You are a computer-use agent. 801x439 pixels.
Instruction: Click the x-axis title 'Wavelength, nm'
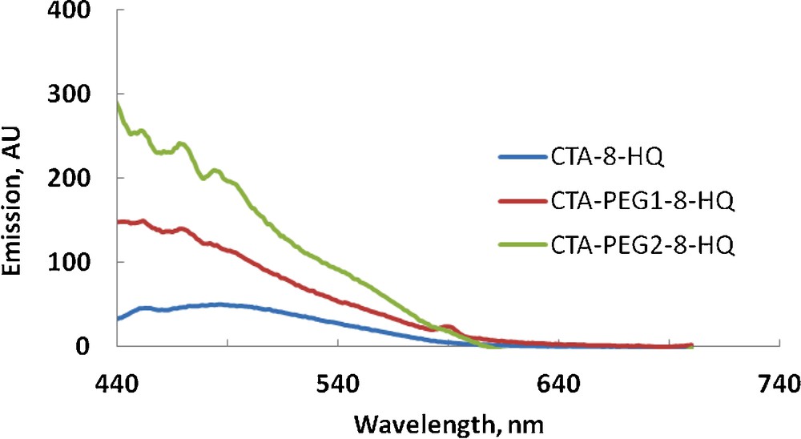[453, 421]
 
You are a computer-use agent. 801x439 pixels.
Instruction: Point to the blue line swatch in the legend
[521, 157]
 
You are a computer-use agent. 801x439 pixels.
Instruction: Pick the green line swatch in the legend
[521, 247]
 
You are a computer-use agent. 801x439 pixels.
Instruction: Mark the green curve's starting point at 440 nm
[118, 104]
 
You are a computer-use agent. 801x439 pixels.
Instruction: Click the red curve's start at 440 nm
[118, 222]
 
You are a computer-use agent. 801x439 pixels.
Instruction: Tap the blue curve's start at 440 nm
[118, 319]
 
